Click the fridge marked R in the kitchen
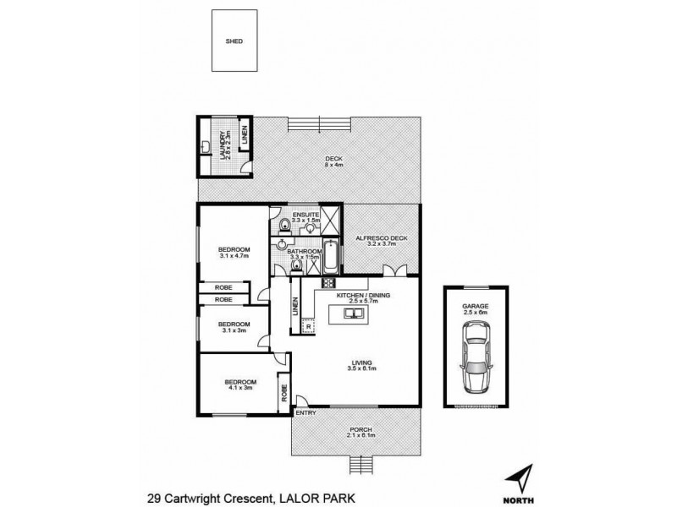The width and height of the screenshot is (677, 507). (309, 325)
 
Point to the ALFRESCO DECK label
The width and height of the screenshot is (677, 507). (381, 238)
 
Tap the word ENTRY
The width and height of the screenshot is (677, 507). (305, 412)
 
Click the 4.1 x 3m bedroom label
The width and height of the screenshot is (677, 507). (238, 384)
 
